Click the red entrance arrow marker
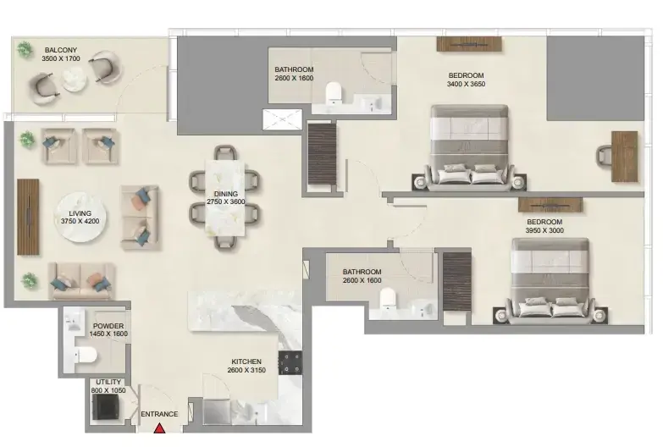(159, 428)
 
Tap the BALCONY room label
(61, 50)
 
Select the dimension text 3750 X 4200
(80, 221)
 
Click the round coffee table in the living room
(80, 218)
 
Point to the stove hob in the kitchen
(290, 363)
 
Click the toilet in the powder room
(86, 355)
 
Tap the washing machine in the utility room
(105, 407)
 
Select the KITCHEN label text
(246, 361)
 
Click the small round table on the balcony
(75, 80)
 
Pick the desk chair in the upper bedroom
(604, 156)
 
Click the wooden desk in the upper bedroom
(625, 157)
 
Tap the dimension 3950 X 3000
(544, 230)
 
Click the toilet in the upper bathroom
(333, 91)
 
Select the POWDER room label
(108, 326)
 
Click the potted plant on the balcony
(25, 49)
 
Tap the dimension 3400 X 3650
(466, 84)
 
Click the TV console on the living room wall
(28, 217)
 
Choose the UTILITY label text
(108, 382)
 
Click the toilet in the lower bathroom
(387, 298)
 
